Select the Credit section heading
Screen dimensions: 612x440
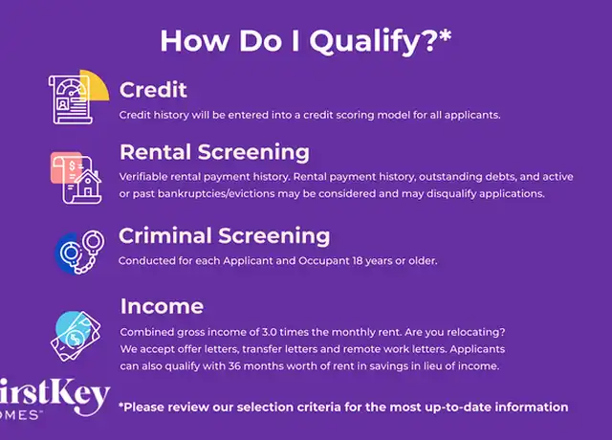[x=153, y=90]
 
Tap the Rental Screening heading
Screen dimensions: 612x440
[x=214, y=152]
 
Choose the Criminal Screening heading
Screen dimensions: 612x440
[x=224, y=236]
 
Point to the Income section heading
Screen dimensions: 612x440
[x=162, y=306]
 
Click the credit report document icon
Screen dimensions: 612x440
[x=78, y=98]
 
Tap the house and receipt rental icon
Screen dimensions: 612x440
[x=76, y=178]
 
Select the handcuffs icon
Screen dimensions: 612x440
[x=80, y=252]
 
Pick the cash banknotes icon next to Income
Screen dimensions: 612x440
[x=76, y=336]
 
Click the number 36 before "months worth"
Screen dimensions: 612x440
[x=234, y=366]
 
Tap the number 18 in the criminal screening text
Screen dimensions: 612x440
[x=357, y=261]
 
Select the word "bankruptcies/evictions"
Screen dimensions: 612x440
[x=216, y=194]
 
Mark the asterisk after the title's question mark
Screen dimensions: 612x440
[x=445, y=35]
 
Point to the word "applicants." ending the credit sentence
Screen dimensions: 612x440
[x=472, y=116]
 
